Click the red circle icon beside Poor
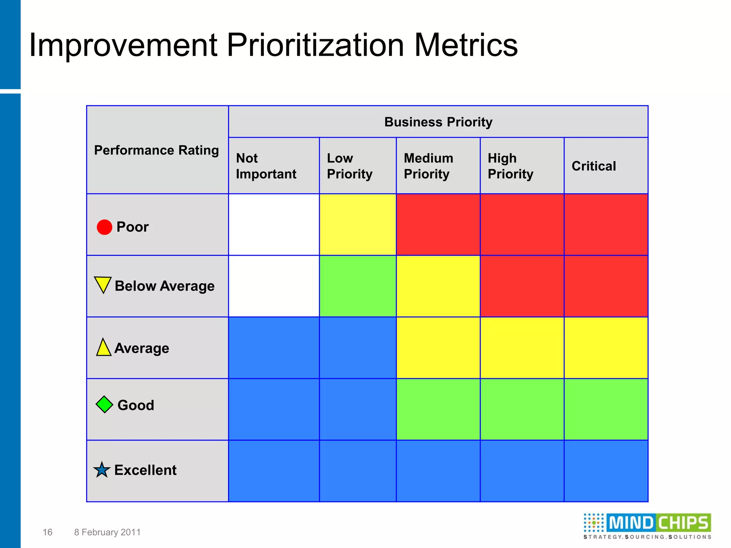[x=105, y=227]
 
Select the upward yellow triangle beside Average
[x=104, y=347]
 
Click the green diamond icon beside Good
[x=105, y=405]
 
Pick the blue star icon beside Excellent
[x=102, y=470]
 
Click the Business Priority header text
[x=438, y=122]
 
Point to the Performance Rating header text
[x=156, y=150]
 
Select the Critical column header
[x=594, y=166]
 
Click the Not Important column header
[x=266, y=166]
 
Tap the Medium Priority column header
[x=428, y=166]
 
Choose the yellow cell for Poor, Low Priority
[x=358, y=225]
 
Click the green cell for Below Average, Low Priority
[x=358, y=286]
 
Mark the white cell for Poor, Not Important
[x=274, y=225]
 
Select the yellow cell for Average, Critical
[x=606, y=348]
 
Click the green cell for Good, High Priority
[x=522, y=409]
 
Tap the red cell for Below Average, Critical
[x=606, y=286]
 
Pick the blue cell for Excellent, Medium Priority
[x=438, y=471]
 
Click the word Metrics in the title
[x=466, y=45]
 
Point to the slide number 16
[x=47, y=532]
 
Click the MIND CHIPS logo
[x=647, y=526]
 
